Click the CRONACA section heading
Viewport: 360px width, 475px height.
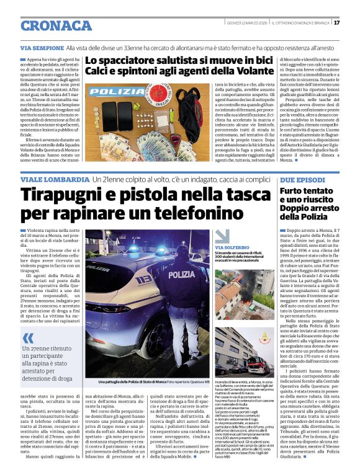coord(56,25)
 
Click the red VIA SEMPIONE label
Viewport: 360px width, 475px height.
coord(42,48)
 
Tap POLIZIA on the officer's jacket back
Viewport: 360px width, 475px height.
coord(181,273)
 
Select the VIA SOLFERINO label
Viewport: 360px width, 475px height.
coord(232,247)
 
